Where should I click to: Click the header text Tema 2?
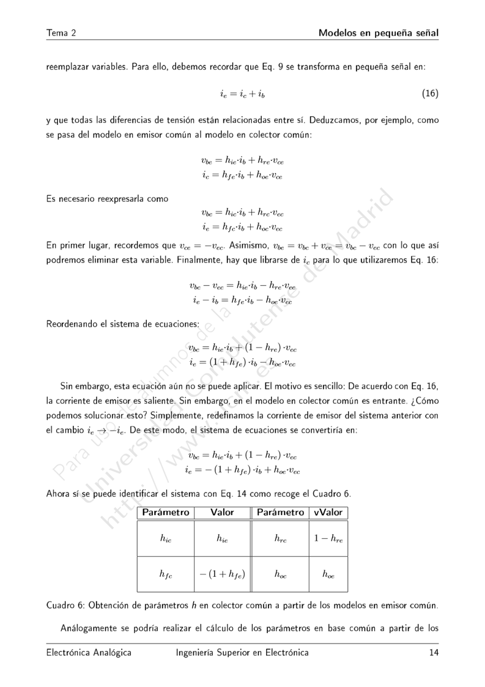click(x=61, y=32)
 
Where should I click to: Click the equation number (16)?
click(x=431, y=94)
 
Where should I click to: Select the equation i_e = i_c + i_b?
click(x=242, y=94)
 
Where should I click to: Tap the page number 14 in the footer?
click(x=434, y=653)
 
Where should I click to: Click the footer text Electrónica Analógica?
click(x=89, y=653)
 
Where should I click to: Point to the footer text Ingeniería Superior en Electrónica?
click(x=242, y=653)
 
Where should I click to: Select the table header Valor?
click(x=222, y=512)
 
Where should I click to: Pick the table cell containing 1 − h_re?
click(x=328, y=539)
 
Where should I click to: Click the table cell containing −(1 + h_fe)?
click(x=222, y=574)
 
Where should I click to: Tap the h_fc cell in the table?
click(x=165, y=574)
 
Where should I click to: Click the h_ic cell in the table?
click(x=165, y=539)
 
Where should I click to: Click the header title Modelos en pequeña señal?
click(x=379, y=32)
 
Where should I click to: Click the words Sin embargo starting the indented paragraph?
click(x=84, y=387)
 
